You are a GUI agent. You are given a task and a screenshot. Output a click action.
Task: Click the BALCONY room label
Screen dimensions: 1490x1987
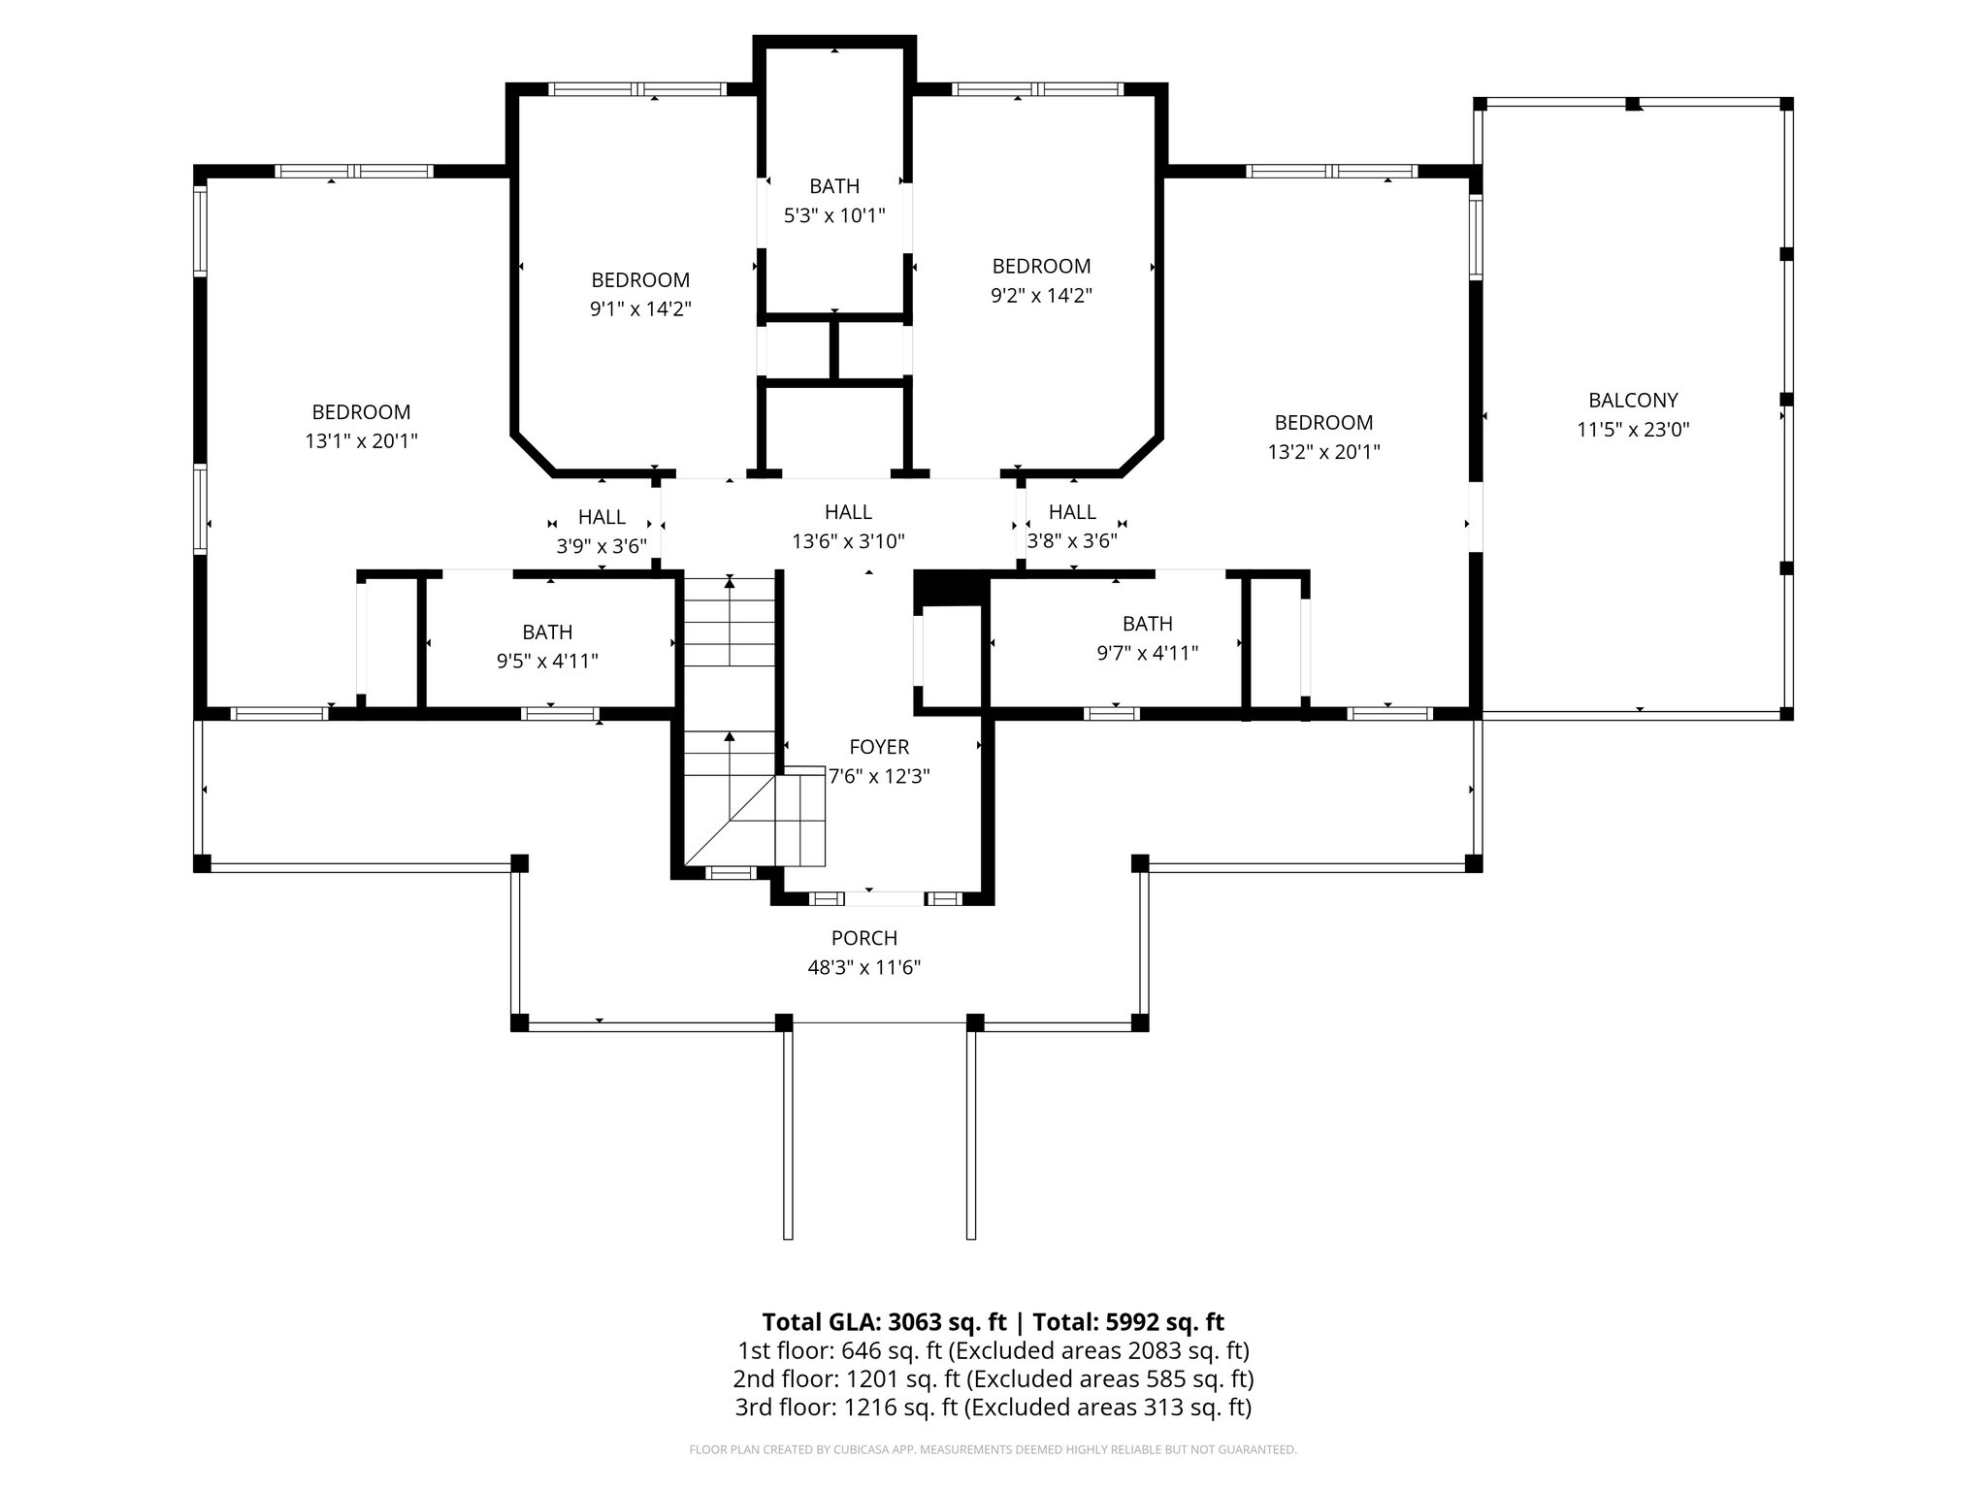click(1633, 400)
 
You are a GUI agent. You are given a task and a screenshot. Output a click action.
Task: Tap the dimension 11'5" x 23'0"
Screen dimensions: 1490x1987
click(1633, 430)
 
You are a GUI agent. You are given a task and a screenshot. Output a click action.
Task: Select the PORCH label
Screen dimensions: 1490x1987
click(863, 938)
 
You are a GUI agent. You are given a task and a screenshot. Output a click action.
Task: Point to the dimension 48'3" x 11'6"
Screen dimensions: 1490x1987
click(863, 967)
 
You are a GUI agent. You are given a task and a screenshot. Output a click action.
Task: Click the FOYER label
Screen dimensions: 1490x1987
click(879, 747)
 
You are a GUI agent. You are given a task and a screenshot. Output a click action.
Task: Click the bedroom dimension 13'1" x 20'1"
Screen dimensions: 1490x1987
click(361, 441)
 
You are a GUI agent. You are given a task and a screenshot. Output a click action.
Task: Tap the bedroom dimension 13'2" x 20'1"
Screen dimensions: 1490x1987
click(1323, 452)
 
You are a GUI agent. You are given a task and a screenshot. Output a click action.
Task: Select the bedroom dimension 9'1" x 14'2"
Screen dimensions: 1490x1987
click(640, 309)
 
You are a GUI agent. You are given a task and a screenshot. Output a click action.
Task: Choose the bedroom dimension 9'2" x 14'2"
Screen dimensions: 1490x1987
click(1041, 296)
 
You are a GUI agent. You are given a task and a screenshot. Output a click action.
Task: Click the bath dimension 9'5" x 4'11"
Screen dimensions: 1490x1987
click(547, 662)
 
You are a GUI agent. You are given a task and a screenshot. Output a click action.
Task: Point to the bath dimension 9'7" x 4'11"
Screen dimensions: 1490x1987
click(1147, 654)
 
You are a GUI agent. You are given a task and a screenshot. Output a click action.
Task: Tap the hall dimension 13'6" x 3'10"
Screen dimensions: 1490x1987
click(848, 541)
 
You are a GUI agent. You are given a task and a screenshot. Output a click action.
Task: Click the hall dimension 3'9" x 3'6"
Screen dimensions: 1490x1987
click(602, 546)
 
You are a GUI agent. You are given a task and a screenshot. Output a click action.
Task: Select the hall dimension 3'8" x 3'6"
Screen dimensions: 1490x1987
click(1072, 541)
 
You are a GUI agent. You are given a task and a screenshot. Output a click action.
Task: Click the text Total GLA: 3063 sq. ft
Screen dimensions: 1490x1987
click(885, 1322)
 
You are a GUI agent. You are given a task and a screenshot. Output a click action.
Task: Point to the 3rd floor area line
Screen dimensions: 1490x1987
click(993, 1408)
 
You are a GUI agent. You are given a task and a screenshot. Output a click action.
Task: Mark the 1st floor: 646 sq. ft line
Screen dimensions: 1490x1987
click(993, 1350)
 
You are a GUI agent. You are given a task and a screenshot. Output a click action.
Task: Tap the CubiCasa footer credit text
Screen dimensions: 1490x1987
click(993, 1450)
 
